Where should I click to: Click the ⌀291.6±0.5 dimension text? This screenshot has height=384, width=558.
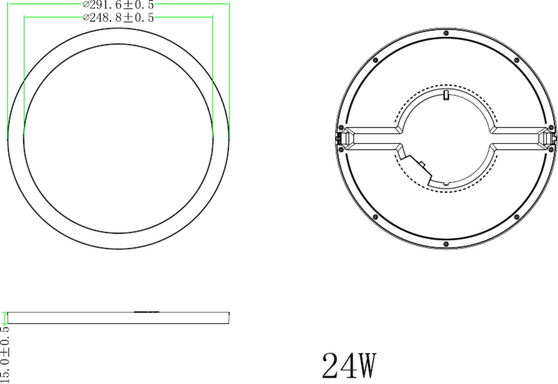click(118, 5)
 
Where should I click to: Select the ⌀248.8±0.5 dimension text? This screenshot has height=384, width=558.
click(118, 18)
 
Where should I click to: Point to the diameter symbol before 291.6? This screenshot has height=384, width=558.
click(86, 5)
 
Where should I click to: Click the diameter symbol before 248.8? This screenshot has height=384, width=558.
click(86, 18)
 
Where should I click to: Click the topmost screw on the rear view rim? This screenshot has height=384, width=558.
click(446, 33)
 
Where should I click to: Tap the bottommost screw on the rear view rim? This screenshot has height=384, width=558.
click(446, 244)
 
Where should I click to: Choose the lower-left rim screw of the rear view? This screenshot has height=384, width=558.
click(375, 217)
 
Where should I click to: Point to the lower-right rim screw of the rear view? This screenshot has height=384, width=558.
click(517, 217)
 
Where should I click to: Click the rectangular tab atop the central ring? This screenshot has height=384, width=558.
click(446, 95)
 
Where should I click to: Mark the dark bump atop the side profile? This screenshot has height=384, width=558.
click(146, 311)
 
